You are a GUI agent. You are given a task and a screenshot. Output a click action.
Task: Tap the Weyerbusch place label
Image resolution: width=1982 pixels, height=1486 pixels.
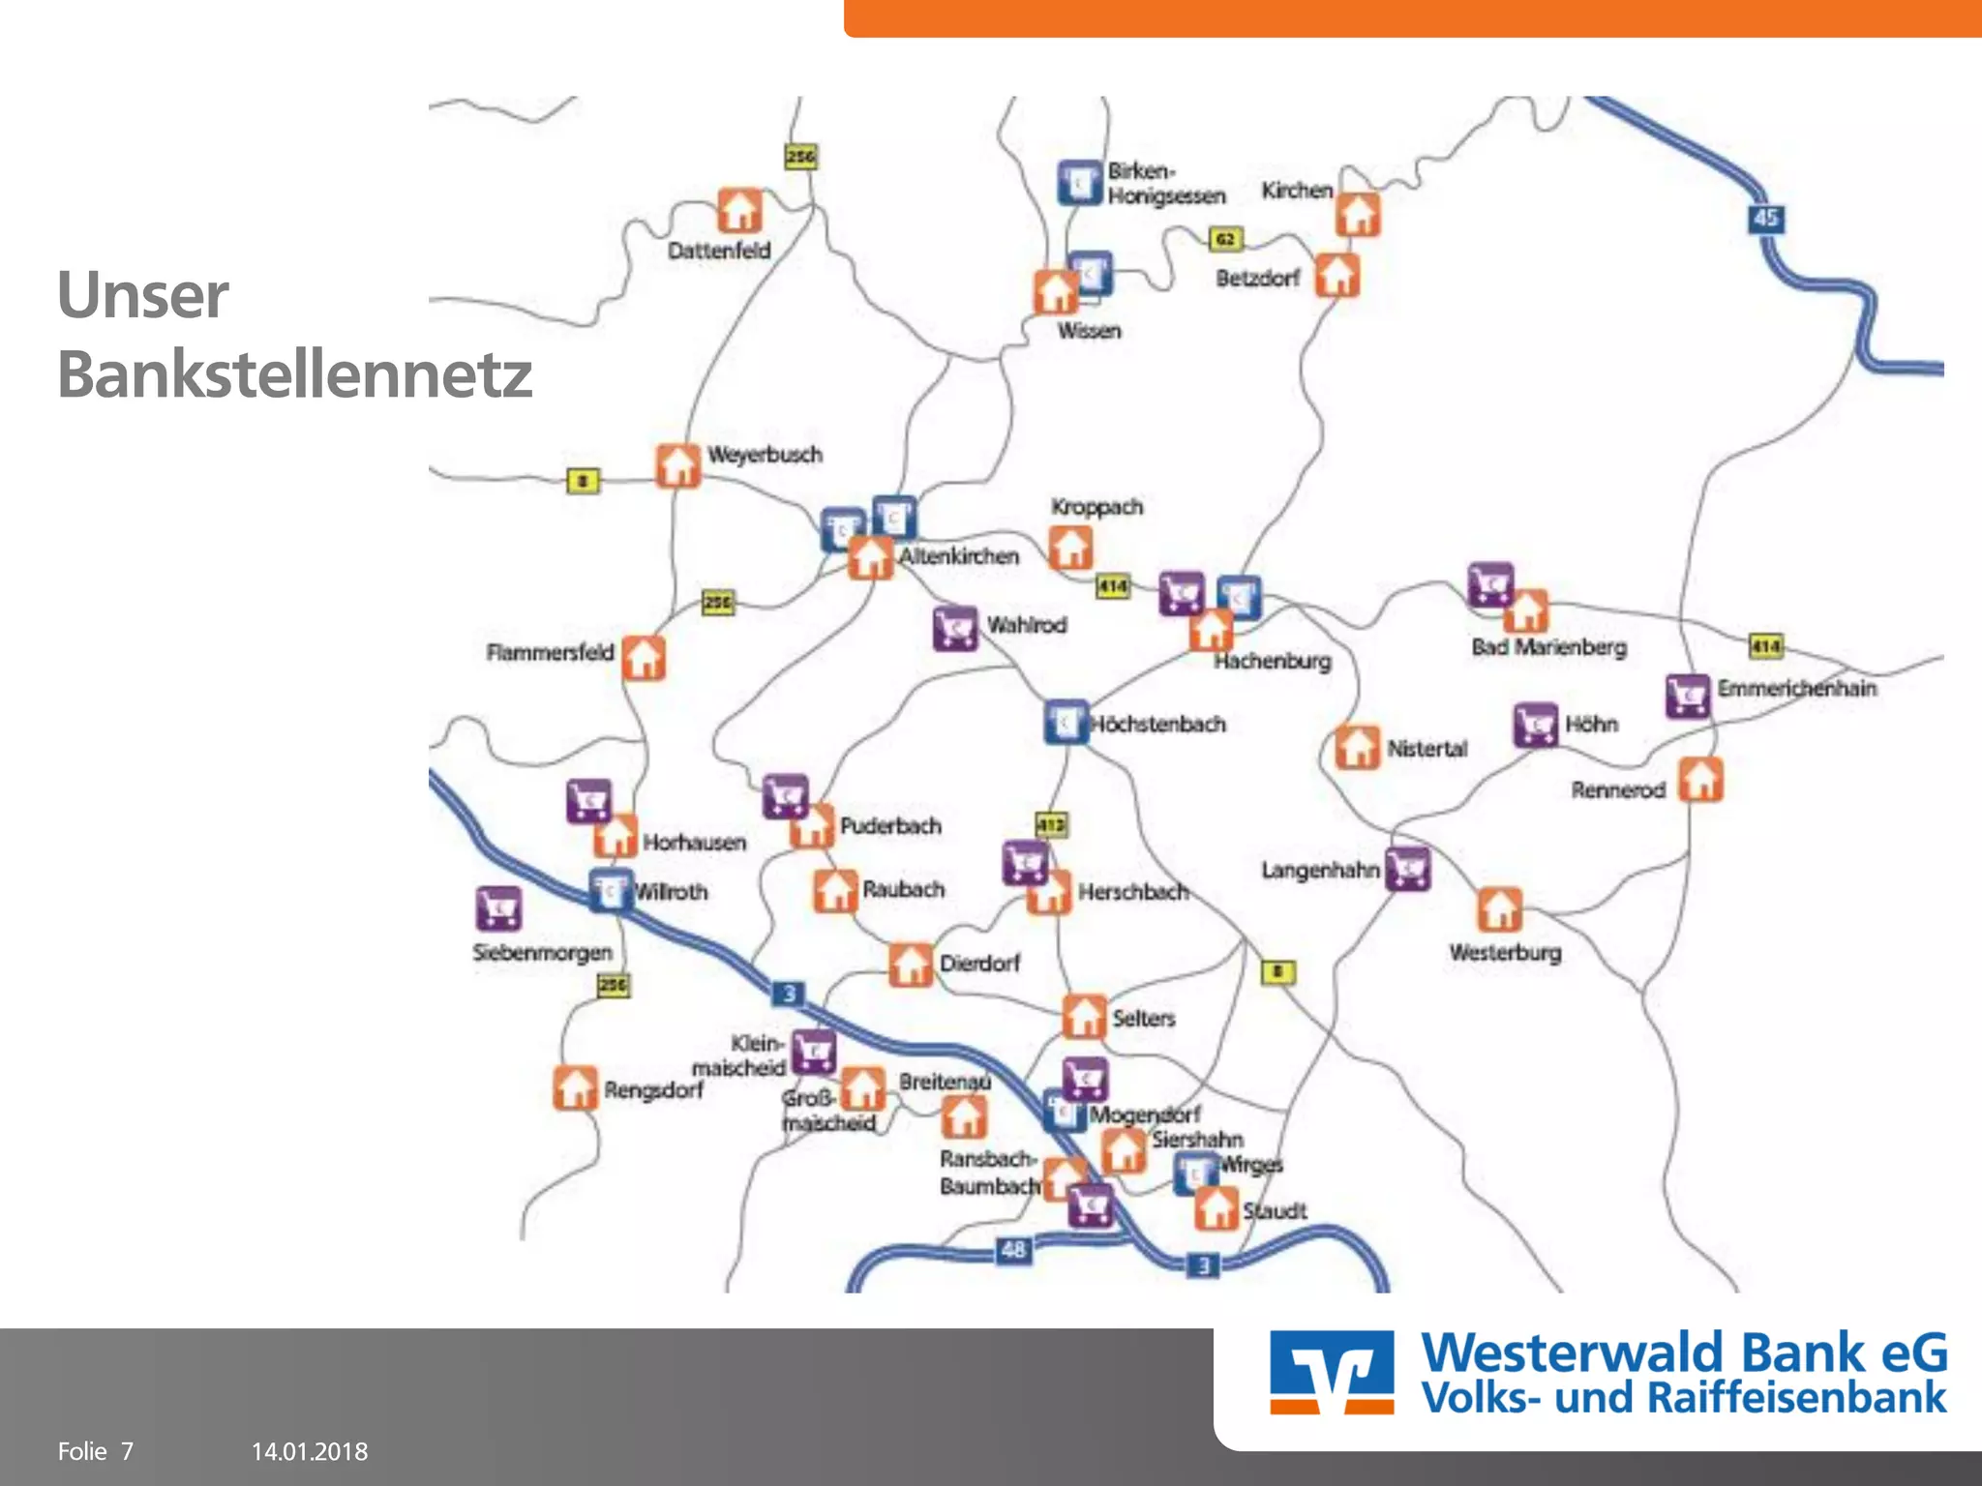tap(765, 455)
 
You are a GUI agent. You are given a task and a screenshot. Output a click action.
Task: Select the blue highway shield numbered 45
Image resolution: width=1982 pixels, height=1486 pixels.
tap(1766, 219)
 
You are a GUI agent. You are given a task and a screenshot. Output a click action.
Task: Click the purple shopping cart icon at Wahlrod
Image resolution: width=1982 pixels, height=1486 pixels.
tap(955, 629)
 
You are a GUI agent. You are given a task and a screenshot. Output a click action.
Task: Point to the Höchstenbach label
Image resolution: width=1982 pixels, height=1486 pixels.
tap(1158, 724)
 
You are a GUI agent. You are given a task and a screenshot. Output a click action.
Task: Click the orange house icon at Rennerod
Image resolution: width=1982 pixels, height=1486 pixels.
tap(1700, 781)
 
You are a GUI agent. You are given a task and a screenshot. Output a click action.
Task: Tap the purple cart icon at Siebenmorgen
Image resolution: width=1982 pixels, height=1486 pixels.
tap(499, 909)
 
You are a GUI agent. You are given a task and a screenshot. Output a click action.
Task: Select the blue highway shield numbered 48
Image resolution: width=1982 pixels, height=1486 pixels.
tap(1013, 1250)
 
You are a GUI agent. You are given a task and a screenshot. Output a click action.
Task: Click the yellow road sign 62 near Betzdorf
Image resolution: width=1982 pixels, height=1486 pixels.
tap(1225, 239)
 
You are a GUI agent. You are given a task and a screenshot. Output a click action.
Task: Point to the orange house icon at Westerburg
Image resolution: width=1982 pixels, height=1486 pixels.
tap(1499, 909)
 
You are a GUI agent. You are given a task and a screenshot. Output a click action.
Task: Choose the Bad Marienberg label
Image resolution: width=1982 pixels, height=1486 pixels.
tap(1548, 647)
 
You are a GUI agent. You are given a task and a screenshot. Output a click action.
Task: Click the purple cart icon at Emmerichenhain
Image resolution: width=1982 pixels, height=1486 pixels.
tap(1688, 695)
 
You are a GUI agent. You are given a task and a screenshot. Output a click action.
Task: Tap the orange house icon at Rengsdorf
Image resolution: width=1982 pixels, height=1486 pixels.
tap(575, 1087)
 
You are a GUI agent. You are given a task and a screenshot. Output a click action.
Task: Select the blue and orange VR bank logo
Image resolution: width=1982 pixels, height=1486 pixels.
tap(1332, 1373)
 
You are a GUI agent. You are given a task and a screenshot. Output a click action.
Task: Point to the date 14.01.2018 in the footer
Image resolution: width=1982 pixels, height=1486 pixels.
tap(310, 1451)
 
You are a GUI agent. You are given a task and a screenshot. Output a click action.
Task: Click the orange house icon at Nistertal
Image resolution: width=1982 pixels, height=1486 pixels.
tap(1357, 747)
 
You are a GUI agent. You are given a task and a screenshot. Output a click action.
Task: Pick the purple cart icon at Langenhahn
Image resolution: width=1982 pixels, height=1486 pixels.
tap(1408, 869)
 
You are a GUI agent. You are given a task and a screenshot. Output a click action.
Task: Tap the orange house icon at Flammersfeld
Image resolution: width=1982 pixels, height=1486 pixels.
tap(644, 658)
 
